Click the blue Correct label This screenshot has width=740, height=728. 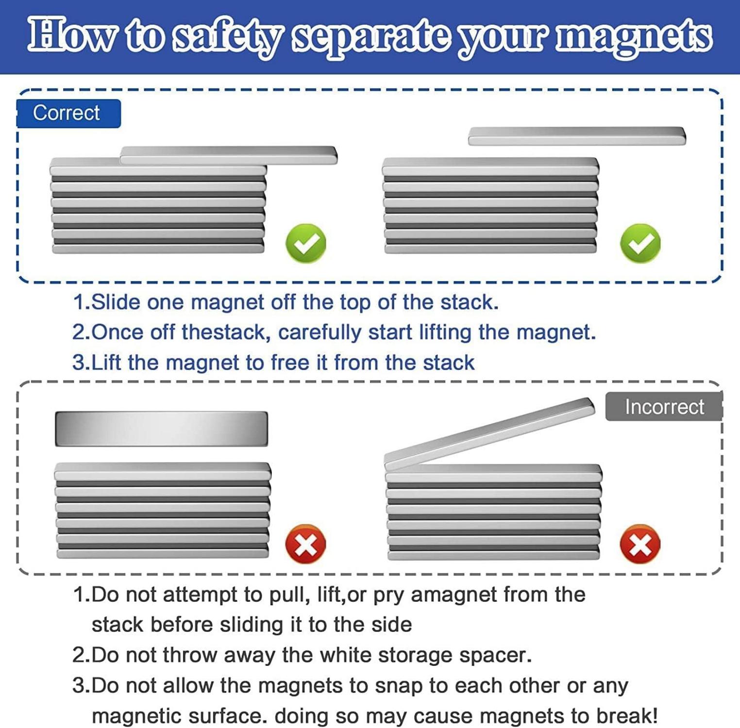68,114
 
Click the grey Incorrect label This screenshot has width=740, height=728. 664,407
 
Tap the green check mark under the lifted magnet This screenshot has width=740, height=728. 640,243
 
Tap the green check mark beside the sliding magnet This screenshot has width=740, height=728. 306,243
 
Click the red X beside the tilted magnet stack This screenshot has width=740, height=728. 640,544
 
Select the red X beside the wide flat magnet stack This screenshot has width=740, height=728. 305,544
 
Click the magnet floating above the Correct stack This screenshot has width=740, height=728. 577,136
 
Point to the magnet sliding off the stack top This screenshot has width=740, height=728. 229,155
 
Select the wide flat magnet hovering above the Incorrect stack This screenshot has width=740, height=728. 161,429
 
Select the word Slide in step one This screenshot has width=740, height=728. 116,302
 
